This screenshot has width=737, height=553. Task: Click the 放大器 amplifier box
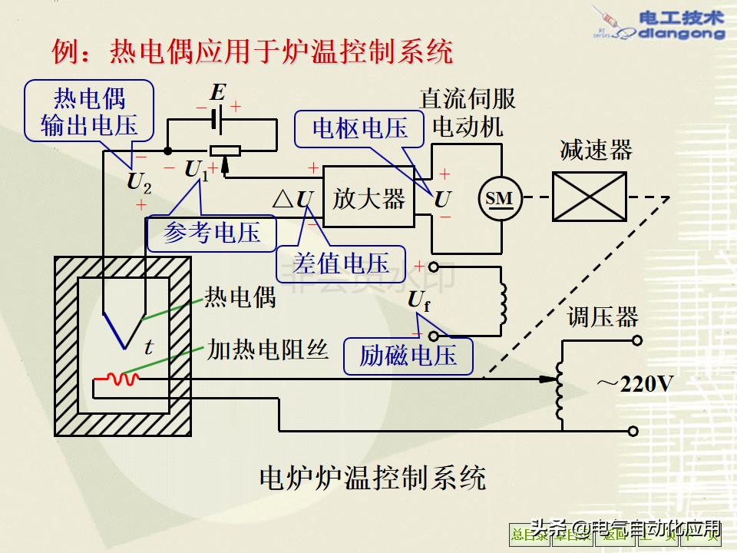368,199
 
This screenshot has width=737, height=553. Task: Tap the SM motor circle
499,199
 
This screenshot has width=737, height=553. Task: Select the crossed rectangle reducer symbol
589,197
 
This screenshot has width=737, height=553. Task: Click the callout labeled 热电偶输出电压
89,112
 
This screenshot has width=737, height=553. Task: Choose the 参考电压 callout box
212,232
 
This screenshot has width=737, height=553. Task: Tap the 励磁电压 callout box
408,355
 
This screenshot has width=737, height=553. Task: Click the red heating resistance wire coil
121,379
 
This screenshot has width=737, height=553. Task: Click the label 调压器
603,316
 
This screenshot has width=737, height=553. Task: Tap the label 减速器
596,150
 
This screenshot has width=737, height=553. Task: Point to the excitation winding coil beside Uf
503,303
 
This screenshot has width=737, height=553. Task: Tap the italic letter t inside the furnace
149,347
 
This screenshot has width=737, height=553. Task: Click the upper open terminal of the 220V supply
633,339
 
